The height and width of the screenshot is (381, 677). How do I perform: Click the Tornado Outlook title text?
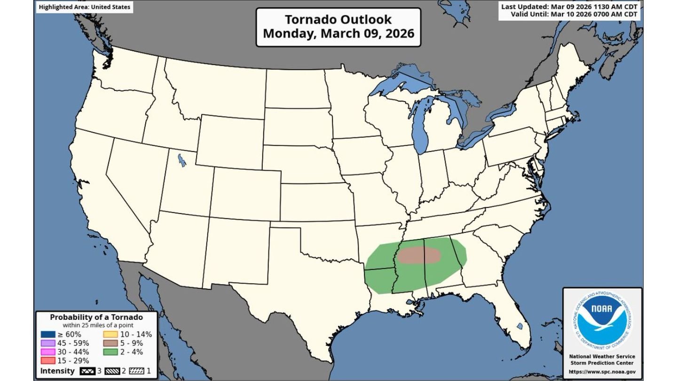tap(338, 20)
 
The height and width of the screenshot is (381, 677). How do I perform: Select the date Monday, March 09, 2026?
tap(338, 34)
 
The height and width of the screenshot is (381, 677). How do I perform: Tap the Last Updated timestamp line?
tap(569, 7)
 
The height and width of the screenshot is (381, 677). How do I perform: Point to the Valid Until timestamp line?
tap(574, 15)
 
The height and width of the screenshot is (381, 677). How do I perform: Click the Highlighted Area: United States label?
tap(85, 8)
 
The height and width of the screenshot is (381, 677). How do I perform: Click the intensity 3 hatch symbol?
tap(87, 371)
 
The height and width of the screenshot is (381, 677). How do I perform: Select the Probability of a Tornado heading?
tap(96, 317)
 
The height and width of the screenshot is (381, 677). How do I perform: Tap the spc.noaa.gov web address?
tap(602, 372)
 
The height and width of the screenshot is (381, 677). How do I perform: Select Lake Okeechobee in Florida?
tap(520, 326)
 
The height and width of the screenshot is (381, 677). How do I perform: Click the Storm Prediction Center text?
tap(602, 363)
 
